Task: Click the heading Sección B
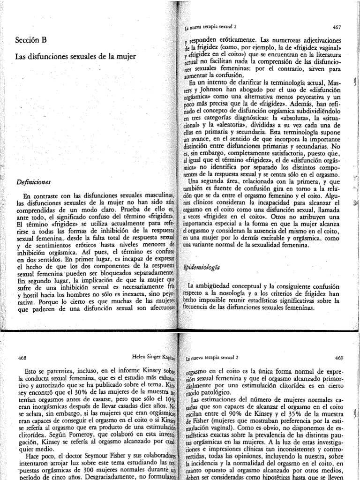click(32, 41)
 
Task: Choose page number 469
click(340, 357)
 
